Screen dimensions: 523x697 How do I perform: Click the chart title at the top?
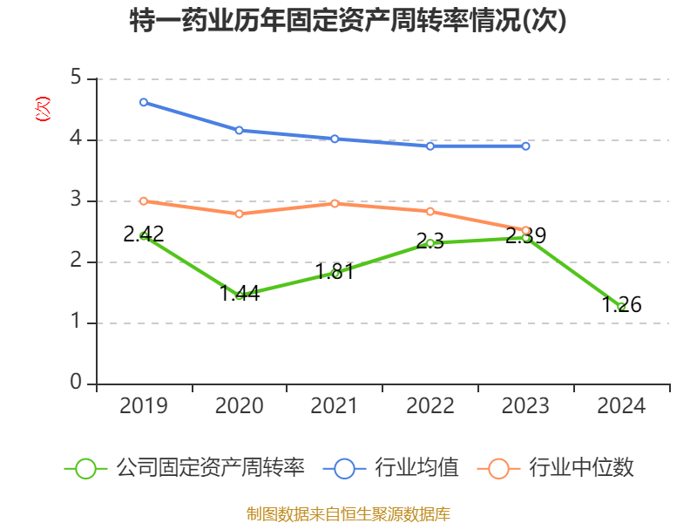tap(348, 20)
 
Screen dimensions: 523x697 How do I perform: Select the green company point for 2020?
tap(239, 295)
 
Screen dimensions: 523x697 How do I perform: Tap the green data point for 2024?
tap(621, 306)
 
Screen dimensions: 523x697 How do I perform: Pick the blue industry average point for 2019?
tap(143, 102)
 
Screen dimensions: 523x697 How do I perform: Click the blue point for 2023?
tap(525, 146)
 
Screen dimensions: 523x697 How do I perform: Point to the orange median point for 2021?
tap(335, 203)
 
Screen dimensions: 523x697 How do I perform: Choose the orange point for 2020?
tap(239, 214)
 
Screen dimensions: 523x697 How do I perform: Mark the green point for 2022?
tap(430, 242)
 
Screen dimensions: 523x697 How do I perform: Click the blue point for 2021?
tap(335, 139)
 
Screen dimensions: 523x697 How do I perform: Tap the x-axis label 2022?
tap(430, 406)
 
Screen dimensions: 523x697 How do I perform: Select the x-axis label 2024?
tap(621, 406)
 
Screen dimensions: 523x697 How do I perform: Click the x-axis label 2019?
tap(143, 406)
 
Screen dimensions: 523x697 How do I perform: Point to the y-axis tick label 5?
tap(76, 78)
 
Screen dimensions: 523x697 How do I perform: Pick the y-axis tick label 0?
tap(76, 383)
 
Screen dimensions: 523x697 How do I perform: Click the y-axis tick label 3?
tap(76, 200)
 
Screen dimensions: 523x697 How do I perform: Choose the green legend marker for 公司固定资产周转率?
tap(85, 468)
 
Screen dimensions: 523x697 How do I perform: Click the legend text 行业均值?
tap(416, 468)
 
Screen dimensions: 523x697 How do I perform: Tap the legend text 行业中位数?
tap(582, 468)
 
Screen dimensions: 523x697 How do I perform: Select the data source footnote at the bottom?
tap(348, 513)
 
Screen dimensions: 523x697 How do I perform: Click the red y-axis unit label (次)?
tap(42, 109)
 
